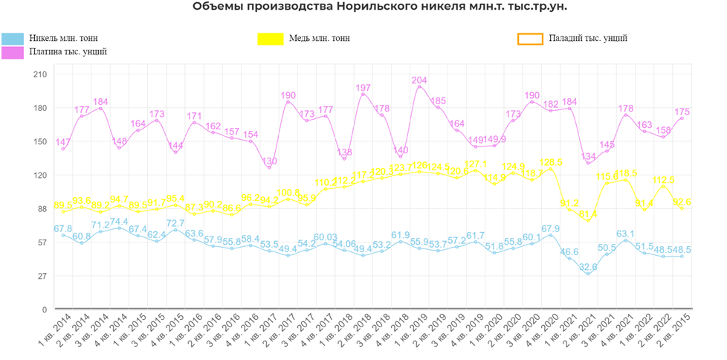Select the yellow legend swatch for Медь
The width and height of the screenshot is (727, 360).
click(270, 38)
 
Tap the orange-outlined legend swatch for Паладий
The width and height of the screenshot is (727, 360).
click(530, 38)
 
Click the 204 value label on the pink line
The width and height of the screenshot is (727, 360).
click(419, 80)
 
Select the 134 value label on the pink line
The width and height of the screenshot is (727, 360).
click(588, 157)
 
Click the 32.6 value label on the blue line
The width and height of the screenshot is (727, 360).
click(588, 267)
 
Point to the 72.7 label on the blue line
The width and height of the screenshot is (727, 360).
click(175, 223)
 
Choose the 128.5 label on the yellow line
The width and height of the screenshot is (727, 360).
click(551, 162)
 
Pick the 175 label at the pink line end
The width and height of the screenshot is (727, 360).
click(682, 112)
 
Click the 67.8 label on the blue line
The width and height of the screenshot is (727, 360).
click(63, 229)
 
